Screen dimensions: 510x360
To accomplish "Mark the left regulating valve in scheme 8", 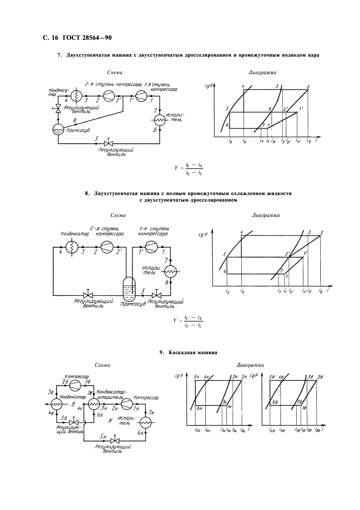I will [86, 294].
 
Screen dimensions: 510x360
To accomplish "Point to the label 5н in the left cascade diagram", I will [197, 377].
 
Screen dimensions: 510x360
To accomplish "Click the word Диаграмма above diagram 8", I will [266, 215].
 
